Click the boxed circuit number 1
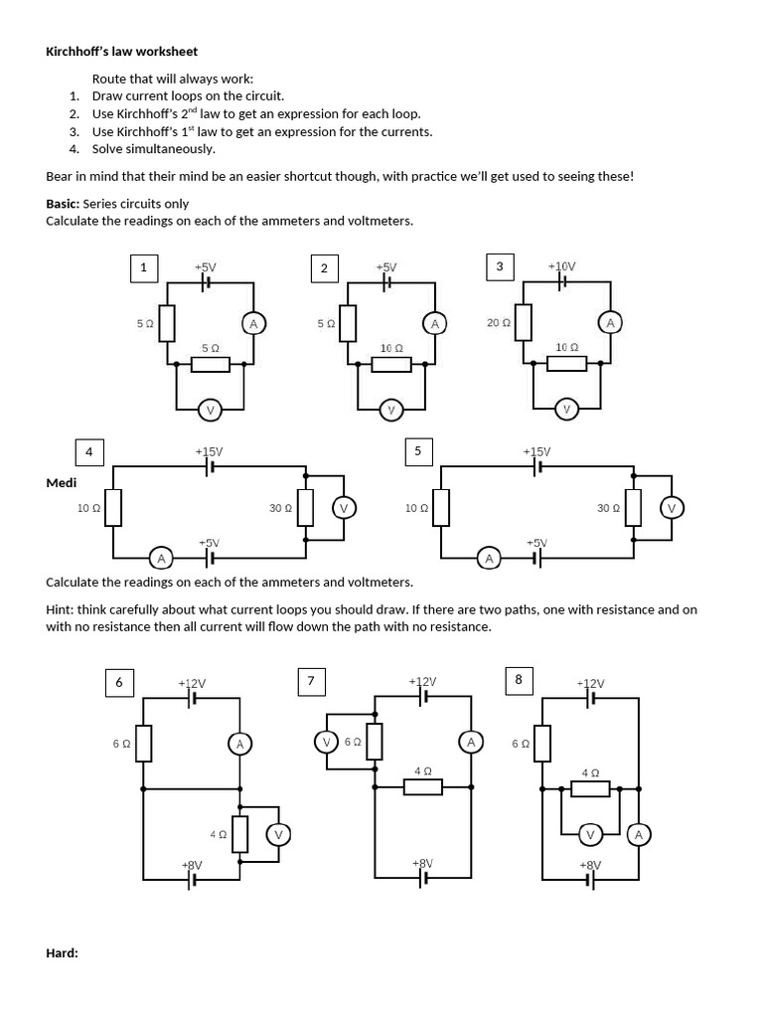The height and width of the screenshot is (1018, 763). point(144,267)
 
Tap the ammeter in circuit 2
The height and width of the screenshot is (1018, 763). point(433,323)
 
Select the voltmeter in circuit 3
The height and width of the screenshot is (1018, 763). point(566,409)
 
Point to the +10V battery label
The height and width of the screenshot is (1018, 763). point(561,266)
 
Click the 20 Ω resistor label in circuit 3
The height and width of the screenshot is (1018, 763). point(499,322)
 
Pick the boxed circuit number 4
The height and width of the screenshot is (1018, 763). point(89,452)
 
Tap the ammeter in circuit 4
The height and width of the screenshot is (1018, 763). point(160,558)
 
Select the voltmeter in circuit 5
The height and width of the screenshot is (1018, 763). point(671,508)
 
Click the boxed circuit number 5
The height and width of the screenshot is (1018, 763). point(417,451)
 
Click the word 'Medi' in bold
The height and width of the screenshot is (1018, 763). point(62,482)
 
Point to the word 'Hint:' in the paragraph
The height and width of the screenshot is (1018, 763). point(63,609)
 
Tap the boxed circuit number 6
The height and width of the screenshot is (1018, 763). point(119,682)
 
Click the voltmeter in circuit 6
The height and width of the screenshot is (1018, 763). point(278,834)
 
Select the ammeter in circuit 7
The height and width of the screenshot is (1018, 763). point(471,742)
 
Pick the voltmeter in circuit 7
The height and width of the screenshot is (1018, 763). point(326,742)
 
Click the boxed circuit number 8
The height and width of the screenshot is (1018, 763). point(518,680)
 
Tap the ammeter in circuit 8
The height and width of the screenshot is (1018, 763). point(638,834)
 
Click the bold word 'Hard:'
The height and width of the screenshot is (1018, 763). point(62,953)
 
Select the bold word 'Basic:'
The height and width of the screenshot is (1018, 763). point(63,204)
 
